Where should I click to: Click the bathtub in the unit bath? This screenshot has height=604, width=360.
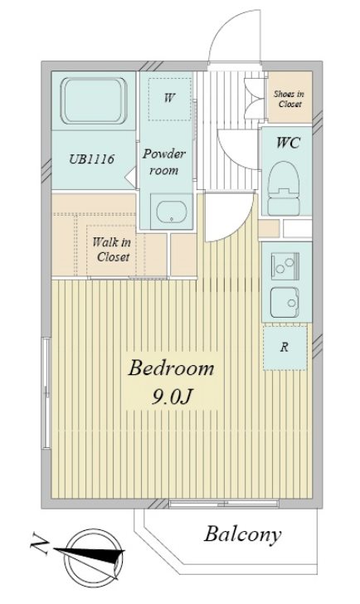click(94, 101)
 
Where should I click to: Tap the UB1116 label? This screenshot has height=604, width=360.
click(91, 158)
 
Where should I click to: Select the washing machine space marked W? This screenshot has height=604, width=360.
click(169, 99)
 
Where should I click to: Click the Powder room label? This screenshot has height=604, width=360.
click(164, 162)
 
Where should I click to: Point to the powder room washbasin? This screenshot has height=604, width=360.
click(172, 212)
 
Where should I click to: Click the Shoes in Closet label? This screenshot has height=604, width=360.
click(289, 99)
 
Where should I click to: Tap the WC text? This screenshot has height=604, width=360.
click(288, 143)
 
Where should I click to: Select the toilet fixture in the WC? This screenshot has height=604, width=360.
click(284, 188)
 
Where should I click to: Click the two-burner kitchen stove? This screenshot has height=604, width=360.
click(285, 265)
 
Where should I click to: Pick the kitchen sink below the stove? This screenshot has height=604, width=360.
click(285, 303)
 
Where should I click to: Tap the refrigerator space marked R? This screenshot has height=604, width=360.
click(285, 348)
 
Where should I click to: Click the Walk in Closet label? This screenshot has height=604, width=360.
click(112, 250)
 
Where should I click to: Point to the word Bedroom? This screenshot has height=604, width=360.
click(171, 368)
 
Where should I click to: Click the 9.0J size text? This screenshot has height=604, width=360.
click(172, 397)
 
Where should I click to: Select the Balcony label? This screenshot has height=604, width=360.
click(242, 535)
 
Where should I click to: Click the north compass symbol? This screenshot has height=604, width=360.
click(92, 556)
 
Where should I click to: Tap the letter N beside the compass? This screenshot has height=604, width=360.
click(40, 543)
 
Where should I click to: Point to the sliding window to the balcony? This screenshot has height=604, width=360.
click(224, 504)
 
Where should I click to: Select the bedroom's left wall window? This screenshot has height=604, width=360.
click(46, 393)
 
